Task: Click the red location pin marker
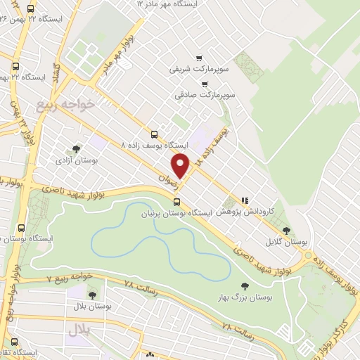point(181,165)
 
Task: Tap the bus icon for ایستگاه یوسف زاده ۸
point(154,134)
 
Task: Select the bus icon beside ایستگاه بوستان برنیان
point(176,201)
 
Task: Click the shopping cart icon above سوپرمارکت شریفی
point(200,58)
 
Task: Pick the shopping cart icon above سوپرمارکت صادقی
point(204,83)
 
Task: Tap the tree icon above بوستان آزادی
point(75,148)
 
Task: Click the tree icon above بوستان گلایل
point(285,230)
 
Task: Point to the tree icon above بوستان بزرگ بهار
point(244,285)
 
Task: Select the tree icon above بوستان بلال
point(92,294)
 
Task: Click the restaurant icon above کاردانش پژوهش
point(245,200)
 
